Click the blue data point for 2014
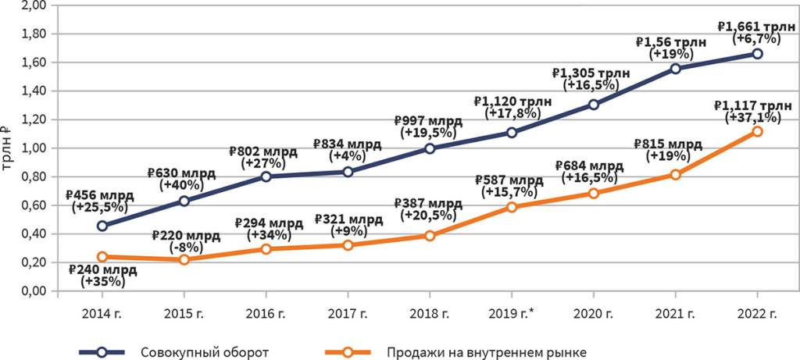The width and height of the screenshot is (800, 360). pyautogui.click(x=102, y=226)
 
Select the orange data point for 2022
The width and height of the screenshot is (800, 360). pyautogui.click(x=757, y=131)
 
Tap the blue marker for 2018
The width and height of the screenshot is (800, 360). pyautogui.click(x=430, y=148)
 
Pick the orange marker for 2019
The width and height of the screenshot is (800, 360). pyautogui.click(x=512, y=207)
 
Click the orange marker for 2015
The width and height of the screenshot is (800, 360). pyautogui.click(x=184, y=259)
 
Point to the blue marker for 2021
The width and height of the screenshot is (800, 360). pyautogui.click(x=675, y=69)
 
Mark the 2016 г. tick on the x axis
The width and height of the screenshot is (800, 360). pyautogui.click(x=266, y=314)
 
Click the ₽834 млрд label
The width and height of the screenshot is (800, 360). pyautogui.click(x=347, y=144)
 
